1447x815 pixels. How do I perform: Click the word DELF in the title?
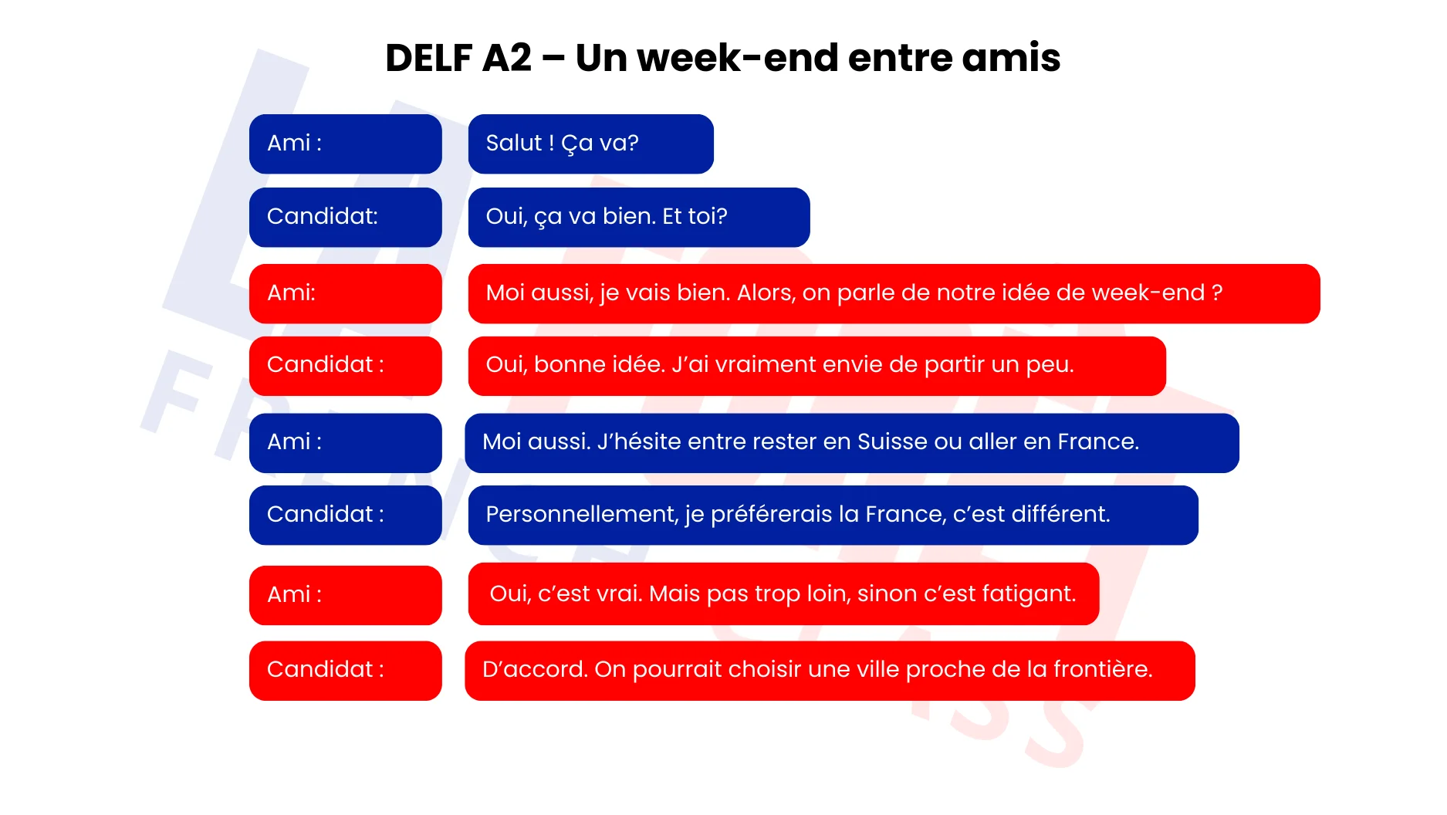[x=428, y=58]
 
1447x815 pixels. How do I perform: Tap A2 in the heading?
[x=507, y=58]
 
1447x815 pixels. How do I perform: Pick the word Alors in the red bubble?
[x=766, y=293]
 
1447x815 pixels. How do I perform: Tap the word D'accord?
[x=535, y=669]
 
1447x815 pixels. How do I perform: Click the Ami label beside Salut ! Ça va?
[x=289, y=143]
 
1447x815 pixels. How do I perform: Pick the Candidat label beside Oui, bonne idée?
[x=320, y=364]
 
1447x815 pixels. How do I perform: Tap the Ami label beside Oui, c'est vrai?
[x=289, y=594]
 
